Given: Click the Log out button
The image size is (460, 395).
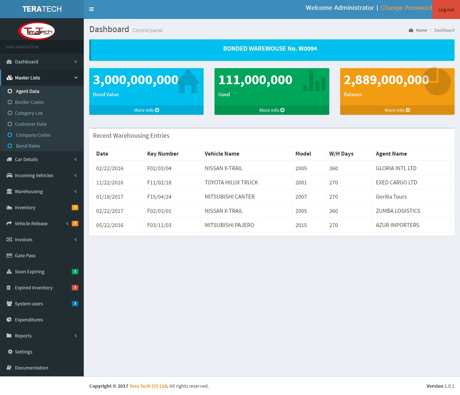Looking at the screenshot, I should click(x=446, y=10).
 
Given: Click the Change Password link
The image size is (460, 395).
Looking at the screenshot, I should click(x=406, y=8).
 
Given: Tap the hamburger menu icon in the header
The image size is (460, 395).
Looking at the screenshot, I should click(x=91, y=9).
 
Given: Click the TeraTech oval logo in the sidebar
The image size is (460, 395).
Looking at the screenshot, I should click(x=37, y=31).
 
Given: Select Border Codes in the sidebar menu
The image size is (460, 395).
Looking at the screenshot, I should click(x=29, y=102).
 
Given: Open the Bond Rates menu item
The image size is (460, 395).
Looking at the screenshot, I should click(x=28, y=146).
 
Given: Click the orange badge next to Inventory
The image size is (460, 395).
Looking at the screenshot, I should click(x=75, y=207).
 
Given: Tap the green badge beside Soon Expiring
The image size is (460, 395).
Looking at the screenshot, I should click(x=75, y=271).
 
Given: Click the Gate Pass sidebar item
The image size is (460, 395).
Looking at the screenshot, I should click(x=25, y=256).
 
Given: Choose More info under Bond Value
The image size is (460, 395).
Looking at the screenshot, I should click(x=146, y=110).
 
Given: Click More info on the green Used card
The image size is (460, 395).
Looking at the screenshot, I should click(x=272, y=110).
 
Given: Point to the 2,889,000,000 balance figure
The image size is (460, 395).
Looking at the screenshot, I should click(x=386, y=80).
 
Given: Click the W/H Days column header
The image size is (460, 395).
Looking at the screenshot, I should click(x=341, y=154).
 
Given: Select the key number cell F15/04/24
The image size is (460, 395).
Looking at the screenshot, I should click(x=159, y=197).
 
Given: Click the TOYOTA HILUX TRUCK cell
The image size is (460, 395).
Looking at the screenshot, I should click(x=231, y=183).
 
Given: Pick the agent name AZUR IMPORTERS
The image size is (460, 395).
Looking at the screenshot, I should click(x=397, y=225).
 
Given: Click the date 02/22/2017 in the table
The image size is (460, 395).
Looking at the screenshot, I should click(x=110, y=211).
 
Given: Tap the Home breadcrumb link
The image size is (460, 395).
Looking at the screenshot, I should click(x=421, y=30).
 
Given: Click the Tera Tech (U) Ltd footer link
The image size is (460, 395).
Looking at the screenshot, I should click(x=148, y=386).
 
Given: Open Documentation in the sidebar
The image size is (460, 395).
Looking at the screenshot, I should click(x=31, y=368).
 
